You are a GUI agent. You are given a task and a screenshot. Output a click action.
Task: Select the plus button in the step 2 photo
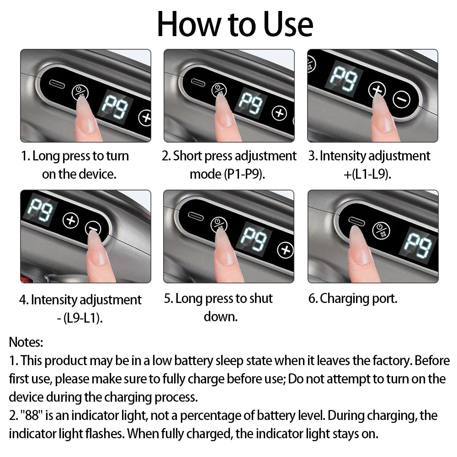pyautogui.click(x=279, y=113)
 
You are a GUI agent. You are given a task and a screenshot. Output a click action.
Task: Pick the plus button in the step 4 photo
pyautogui.click(x=70, y=220)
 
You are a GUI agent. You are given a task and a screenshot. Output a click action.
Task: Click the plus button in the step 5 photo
pyautogui.click(x=286, y=250)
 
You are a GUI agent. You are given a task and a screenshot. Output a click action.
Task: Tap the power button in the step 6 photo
pyautogui.click(x=381, y=230)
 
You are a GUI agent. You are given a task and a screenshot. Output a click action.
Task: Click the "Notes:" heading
pyautogui.click(x=27, y=342)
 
